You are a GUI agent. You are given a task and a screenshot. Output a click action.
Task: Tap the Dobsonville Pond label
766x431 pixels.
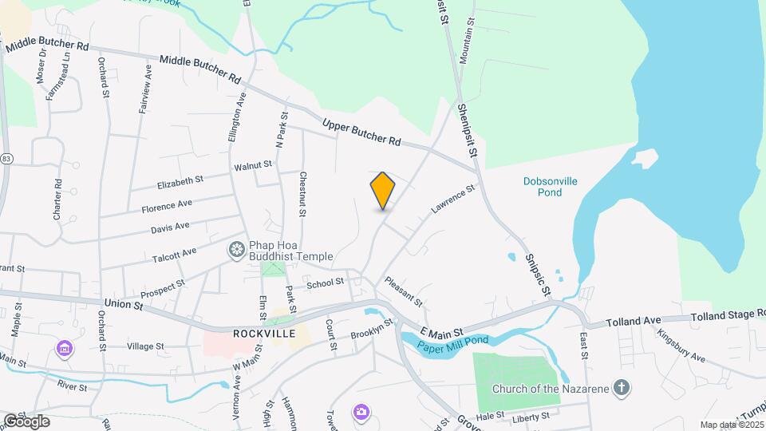551,187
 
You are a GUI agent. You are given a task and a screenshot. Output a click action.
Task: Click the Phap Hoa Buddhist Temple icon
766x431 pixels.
236,251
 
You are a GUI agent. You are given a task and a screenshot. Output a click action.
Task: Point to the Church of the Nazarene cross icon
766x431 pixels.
622,389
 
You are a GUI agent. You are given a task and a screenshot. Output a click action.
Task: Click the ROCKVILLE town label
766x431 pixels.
264,333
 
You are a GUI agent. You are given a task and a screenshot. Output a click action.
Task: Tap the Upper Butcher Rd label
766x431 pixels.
361,132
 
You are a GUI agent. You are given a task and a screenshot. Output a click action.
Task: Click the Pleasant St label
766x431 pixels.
403,291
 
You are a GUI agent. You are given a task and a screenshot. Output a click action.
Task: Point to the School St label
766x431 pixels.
325,283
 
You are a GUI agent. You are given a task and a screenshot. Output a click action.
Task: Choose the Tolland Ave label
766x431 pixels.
634,321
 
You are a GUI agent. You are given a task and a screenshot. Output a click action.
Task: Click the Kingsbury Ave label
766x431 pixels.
683,345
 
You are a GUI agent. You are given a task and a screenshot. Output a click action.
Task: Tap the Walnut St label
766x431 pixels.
253,166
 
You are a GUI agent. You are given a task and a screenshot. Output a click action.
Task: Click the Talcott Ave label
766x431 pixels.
174,255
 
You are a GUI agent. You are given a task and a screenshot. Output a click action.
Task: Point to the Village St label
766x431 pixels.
145,347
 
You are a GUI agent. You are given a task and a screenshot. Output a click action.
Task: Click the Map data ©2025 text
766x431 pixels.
732,425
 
